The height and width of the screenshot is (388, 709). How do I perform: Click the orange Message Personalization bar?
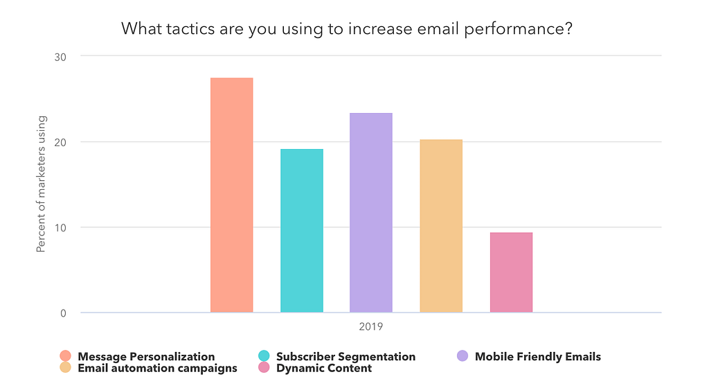coord(232,195)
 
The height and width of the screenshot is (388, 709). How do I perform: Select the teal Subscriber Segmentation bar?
coord(302,231)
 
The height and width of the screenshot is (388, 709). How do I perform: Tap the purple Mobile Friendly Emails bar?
coord(371,213)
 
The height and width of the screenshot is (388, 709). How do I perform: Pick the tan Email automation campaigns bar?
coord(441,226)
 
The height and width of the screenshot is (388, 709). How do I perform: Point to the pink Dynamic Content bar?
coord(511,272)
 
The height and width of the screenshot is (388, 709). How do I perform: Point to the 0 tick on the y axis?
coord(62,313)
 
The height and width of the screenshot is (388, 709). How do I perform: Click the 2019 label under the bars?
coord(371,326)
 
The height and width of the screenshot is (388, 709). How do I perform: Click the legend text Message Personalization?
coord(146,357)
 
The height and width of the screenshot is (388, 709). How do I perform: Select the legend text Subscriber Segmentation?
coord(345,357)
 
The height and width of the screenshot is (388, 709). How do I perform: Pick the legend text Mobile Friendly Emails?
coord(538,357)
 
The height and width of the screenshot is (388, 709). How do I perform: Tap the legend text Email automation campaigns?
coord(157,369)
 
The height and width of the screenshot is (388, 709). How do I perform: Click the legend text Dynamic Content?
coord(324,369)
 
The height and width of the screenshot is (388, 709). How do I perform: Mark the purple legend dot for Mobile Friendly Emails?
coord(463,356)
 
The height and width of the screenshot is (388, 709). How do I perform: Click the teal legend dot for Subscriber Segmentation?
coord(264,356)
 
